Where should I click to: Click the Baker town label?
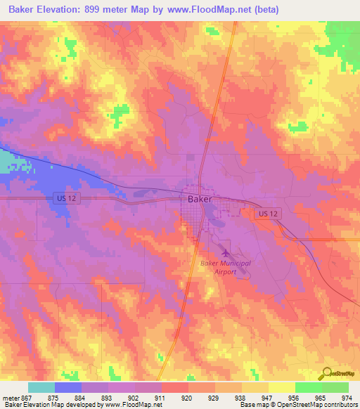tap(200, 199)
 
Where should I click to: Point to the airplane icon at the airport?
tap(225, 251)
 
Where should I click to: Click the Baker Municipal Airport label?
tap(225, 267)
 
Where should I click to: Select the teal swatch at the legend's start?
tap(41, 387)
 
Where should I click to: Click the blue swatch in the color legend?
tap(68, 387)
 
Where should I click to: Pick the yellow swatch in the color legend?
tap(281, 387)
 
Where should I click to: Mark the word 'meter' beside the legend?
tap(11, 397)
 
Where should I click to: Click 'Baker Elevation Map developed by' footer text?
tap(51, 405)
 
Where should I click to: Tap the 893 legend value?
tap(108, 397)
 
